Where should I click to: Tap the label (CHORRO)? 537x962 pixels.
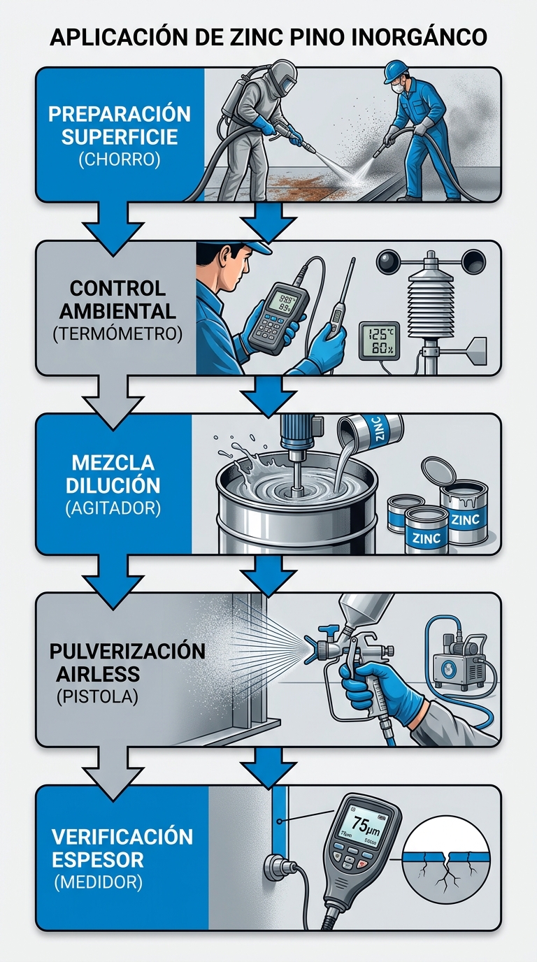[119, 160]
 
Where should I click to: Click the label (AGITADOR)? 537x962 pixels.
[113, 508]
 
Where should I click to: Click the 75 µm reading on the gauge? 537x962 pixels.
[364, 826]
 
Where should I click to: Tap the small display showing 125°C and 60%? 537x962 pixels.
[378, 340]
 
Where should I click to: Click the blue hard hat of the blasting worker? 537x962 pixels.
[396, 71]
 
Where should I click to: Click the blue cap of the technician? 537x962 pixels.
[246, 247]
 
